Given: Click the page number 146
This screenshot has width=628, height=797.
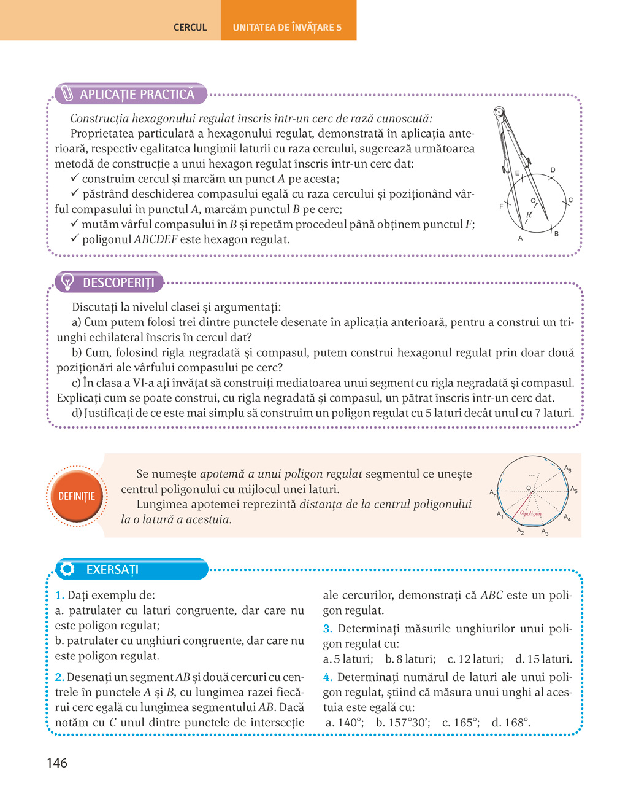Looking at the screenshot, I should (56, 763).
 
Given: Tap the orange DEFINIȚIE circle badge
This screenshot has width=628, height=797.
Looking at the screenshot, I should (77, 496).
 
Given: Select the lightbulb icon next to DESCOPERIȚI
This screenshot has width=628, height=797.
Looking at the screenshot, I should (68, 282).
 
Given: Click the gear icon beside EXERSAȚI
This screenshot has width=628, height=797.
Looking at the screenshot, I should (67, 569).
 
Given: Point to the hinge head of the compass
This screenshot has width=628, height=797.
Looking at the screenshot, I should (499, 112).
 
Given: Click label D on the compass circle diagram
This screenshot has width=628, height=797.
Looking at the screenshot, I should (553, 170).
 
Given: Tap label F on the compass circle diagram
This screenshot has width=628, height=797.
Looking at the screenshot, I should (501, 206).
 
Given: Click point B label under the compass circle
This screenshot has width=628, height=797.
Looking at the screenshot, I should (556, 234).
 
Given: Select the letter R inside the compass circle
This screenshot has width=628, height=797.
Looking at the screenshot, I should (529, 215).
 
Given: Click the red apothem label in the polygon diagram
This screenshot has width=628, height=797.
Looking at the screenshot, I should (530, 513).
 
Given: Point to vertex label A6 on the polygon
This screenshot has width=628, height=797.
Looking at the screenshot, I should (568, 470).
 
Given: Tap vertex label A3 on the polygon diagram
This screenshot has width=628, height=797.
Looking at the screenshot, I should (545, 532).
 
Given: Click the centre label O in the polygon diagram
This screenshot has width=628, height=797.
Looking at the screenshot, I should (528, 488).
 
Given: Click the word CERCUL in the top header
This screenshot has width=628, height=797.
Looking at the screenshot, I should (190, 28).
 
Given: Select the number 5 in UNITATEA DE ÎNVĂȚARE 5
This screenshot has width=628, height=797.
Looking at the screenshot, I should (339, 28).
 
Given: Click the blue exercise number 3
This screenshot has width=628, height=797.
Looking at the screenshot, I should (327, 629).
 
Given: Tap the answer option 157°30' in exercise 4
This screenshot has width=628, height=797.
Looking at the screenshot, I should (403, 723).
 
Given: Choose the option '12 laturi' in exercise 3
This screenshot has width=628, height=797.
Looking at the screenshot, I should (475, 659).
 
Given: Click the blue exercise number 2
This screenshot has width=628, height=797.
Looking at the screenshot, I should (59, 677).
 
